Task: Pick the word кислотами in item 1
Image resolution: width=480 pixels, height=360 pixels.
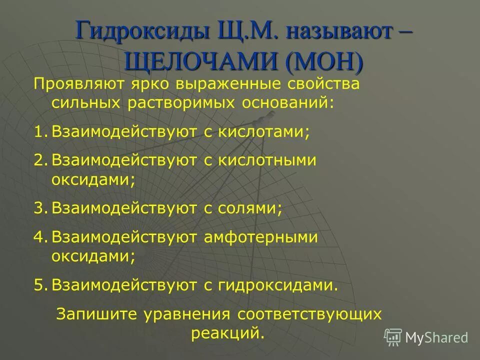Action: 268,132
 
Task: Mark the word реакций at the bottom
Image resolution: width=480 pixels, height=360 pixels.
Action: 227,332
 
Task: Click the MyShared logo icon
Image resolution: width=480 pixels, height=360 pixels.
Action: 393,337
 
